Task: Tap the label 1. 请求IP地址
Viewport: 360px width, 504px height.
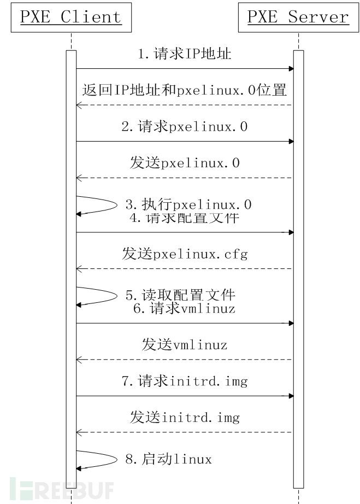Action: [x=185, y=54]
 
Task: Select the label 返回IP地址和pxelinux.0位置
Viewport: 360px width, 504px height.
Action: [x=184, y=90]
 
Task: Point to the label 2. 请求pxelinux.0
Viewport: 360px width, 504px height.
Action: [x=185, y=126]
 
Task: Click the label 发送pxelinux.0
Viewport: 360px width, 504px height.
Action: [x=185, y=163]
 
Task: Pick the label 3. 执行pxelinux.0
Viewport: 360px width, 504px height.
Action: [x=188, y=204]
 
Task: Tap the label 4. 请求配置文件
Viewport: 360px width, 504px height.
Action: [x=185, y=218]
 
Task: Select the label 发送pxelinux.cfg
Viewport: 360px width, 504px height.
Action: [x=185, y=254]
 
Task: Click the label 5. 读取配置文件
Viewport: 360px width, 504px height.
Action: [x=180, y=295]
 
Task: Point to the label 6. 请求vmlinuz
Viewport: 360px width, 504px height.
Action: [x=184, y=308]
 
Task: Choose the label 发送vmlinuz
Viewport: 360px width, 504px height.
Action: [x=185, y=344]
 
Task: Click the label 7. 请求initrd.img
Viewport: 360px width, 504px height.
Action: [x=185, y=381]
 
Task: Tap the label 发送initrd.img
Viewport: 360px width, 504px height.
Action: [x=185, y=417]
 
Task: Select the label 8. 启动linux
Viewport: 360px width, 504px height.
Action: [x=169, y=459]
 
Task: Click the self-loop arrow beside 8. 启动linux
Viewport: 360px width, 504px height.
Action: [x=117, y=460]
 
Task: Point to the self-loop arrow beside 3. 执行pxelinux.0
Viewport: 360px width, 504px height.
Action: [x=117, y=205]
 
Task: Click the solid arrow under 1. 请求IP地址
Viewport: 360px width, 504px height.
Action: [x=185, y=68]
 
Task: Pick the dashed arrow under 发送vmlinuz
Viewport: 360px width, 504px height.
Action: [x=184, y=360]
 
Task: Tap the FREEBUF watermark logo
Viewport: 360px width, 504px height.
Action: [x=62, y=489]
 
